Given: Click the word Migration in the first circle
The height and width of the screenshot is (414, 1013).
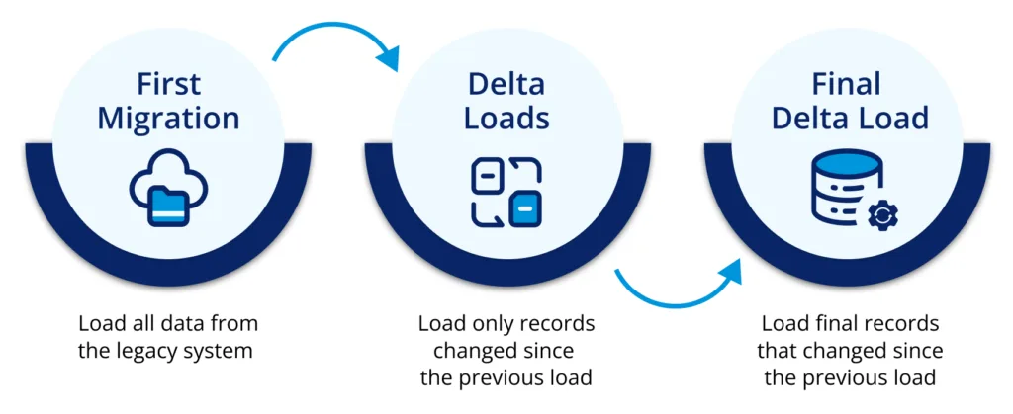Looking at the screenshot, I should click(x=167, y=119).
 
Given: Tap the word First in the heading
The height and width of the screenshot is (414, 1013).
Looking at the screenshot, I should click(x=167, y=83).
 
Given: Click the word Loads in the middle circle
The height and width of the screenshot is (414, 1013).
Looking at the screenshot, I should click(x=508, y=119).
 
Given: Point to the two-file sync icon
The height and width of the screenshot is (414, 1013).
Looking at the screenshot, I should click(x=507, y=191).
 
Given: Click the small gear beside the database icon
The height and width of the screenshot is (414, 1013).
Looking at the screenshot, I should click(x=879, y=215).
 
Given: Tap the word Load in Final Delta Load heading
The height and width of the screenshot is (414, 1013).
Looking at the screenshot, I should click(x=893, y=119).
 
